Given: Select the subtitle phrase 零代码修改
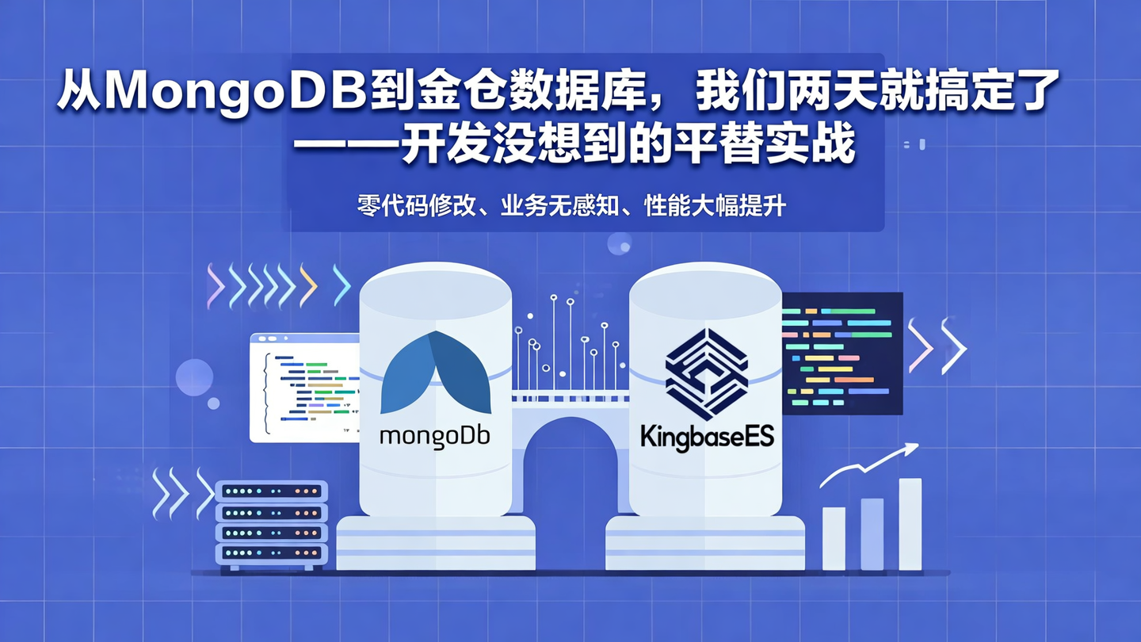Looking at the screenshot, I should pos(415,206).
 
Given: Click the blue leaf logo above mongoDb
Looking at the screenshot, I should pos(435,373).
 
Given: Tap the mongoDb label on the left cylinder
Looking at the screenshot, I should pos(435,437).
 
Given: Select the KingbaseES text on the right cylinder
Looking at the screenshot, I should pos(707,437).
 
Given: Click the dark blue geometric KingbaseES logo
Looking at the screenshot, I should pos(706,373).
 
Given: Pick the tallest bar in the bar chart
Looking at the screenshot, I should pos(910,524).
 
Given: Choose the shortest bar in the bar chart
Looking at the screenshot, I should pos(834,538).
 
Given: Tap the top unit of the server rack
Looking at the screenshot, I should pos(271,491).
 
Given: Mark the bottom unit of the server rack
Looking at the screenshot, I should pos(271,552).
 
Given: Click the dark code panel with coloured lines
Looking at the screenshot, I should pos(841,353).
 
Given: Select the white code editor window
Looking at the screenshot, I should pos(305,388).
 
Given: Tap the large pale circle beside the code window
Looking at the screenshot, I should pos(194,377).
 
